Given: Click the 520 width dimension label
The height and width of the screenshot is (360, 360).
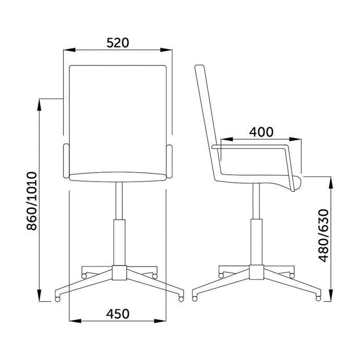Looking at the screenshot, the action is [x=118, y=43].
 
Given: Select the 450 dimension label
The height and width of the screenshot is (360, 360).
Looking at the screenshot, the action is [x=118, y=314].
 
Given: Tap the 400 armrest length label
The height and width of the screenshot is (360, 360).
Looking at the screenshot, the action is [x=261, y=132].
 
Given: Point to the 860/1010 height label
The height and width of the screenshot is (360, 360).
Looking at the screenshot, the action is [x=32, y=201].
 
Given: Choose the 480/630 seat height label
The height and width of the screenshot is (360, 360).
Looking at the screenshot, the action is [x=324, y=235].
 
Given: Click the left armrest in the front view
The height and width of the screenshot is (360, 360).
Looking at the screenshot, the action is [x=66, y=161].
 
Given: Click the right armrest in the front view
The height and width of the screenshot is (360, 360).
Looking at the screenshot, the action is [x=169, y=161].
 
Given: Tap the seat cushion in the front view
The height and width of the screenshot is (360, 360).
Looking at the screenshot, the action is [x=117, y=177].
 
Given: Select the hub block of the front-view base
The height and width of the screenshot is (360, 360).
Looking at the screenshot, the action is [x=119, y=273].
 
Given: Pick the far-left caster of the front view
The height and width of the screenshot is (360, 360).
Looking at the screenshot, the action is [x=57, y=299].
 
